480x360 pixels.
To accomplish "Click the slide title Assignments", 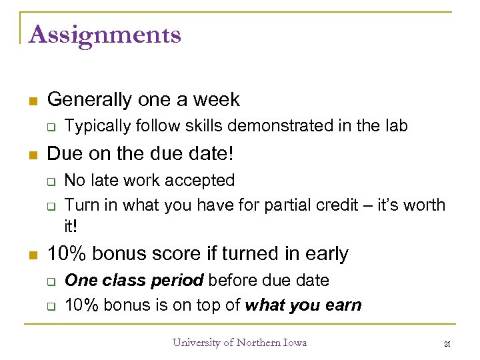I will point(105,34).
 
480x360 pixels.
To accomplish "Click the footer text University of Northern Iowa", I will point(239,343).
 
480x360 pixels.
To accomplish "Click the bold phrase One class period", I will point(133,281).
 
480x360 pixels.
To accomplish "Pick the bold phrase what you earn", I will point(303,305).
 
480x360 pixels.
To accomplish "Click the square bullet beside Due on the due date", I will point(31,154).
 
